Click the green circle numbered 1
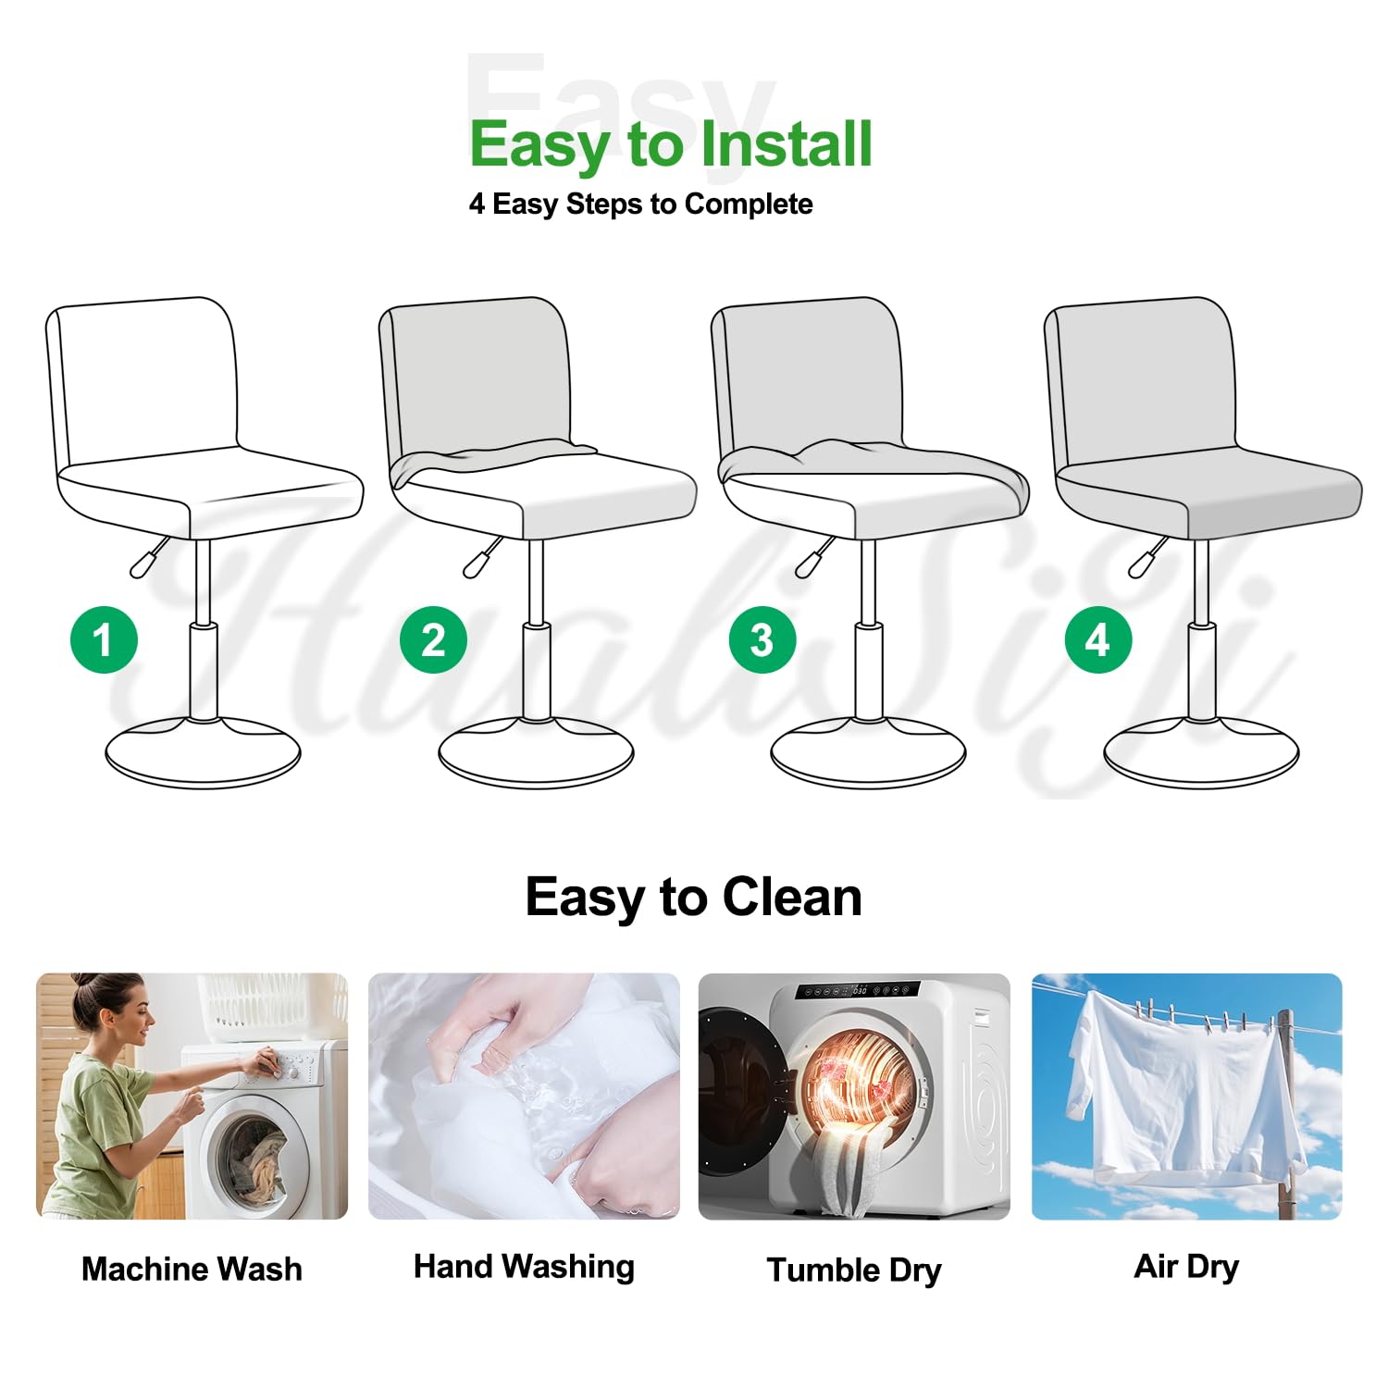click(104, 639)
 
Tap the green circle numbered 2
click(433, 639)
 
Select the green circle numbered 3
click(762, 639)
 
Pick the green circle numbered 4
click(1098, 639)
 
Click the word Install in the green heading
click(786, 144)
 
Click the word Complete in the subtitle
click(749, 204)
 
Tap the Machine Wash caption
click(192, 1269)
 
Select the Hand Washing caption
click(524, 1267)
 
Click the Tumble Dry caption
click(854, 1270)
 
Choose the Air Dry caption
click(1186, 1267)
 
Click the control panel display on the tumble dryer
click(858, 990)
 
